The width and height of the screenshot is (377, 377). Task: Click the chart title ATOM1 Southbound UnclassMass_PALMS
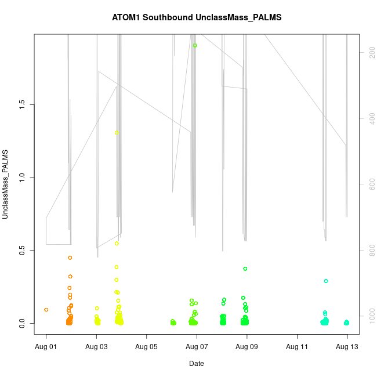pyautogui.click(x=197, y=17)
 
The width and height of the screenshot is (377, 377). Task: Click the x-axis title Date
pyautogui.click(x=197, y=364)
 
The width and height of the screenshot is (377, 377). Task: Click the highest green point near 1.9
pyautogui.click(x=195, y=45)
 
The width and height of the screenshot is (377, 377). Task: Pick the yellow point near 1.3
pyautogui.click(x=117, y=133)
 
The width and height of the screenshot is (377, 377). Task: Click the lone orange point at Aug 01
pyautogui.click(x=46, y=310)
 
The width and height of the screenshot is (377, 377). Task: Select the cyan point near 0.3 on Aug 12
pyautogui.click(x=326, y=281)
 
